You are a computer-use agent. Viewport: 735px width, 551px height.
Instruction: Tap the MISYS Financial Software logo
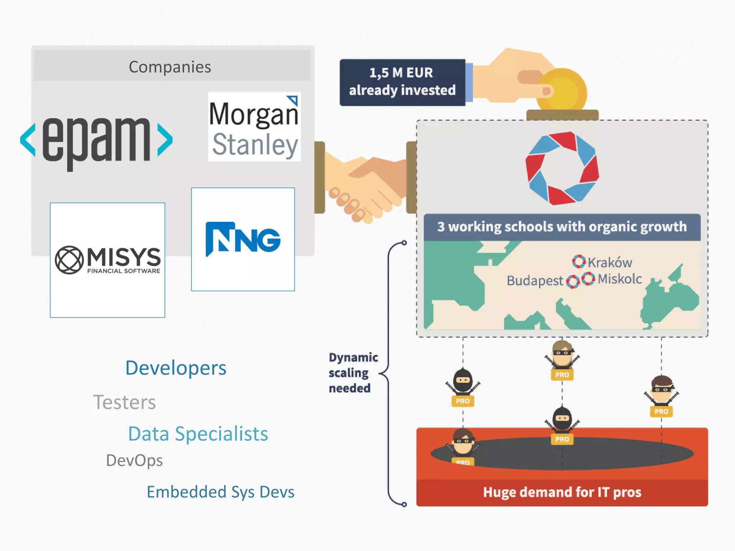(x=108, y=260)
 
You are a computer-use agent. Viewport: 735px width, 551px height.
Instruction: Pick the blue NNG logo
(x=243, y=239)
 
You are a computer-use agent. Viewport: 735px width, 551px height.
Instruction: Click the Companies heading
(x=170, y=67)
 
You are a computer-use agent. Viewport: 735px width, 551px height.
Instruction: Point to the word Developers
(x=176, y=368)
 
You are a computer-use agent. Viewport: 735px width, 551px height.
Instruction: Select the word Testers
(x=125, y=402)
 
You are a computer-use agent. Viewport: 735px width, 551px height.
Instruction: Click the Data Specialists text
(x=198, y=434)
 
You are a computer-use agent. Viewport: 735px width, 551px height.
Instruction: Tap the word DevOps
(x=135, y=461)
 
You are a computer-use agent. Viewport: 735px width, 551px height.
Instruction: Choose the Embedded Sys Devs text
(x=221, y=492)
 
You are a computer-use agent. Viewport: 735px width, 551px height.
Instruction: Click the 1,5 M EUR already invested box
(x=402, y=82)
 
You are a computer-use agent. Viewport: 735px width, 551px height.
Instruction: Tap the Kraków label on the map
(x=610, y=263)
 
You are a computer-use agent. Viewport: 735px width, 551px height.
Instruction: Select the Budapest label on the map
(x=535, y=281)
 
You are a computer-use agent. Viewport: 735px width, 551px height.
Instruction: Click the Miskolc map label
(x=620, y=279)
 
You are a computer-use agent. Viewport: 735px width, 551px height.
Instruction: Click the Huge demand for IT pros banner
(x=562, y=492)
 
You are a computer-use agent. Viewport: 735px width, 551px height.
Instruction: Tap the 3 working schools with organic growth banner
(x=562, y=227)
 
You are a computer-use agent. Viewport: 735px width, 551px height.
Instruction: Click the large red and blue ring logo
(x=562, y=168)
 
